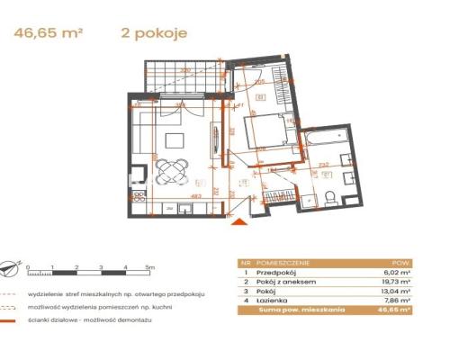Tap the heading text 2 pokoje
coord(153,33)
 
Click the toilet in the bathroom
coord(330,197)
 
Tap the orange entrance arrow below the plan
coord(237,216)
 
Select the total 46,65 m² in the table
coord(394,310)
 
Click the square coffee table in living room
coord(173,139)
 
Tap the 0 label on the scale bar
coord(29,267)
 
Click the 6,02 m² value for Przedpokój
coord(397,273)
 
